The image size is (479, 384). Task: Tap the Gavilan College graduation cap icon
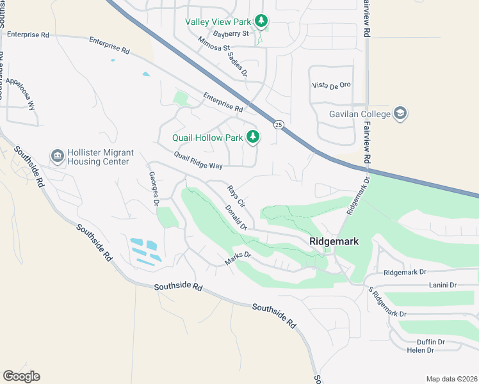tap(401, 114)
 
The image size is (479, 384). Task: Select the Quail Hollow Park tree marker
tap(254, 137)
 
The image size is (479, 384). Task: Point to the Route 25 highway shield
tap(279, 124)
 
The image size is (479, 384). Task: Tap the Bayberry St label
tap(231, 34)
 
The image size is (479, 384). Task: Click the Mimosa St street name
tap(213, 47)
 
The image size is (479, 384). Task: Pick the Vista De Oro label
tap(331, 85)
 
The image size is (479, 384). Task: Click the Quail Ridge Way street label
tap(198, 161)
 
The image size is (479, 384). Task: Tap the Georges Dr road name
tap(154, 188)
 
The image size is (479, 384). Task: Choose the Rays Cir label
tap(236, 196)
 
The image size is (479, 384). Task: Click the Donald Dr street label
tap(236, 218)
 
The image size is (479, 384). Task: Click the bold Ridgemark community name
tap(333, 241)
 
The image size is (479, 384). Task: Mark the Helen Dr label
tap(421, 350)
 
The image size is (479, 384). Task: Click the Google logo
tap(21, 376)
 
